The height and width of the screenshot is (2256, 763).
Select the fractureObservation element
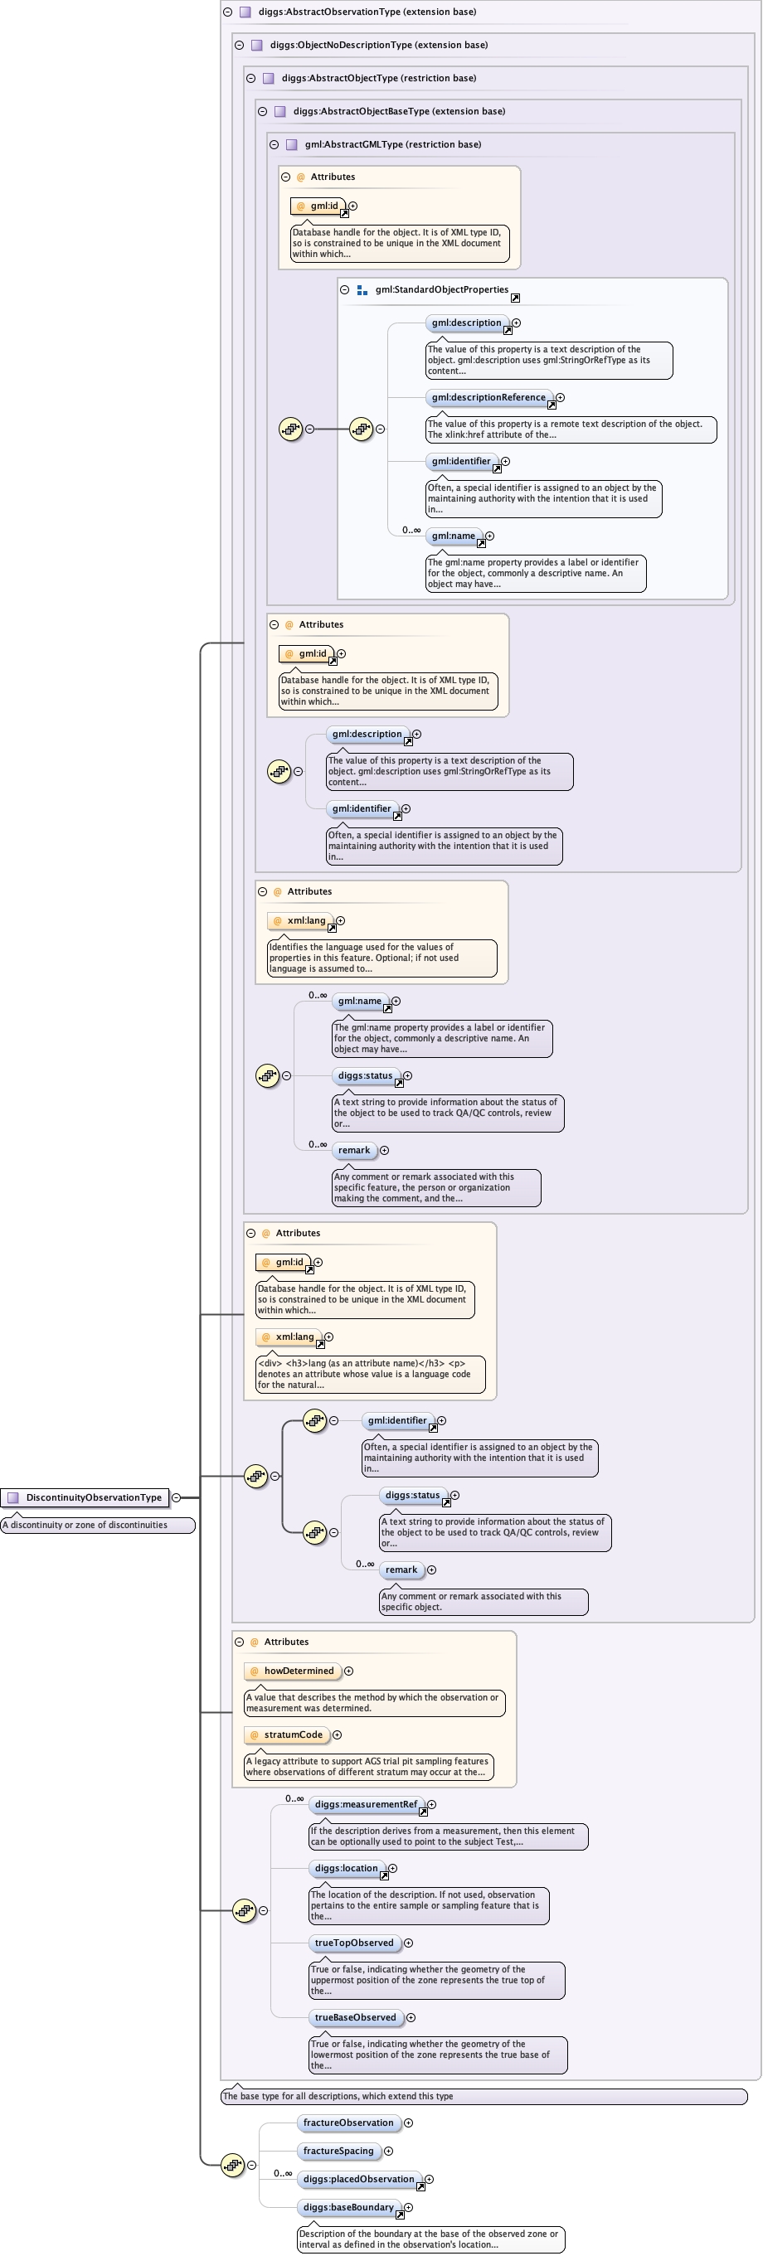[x=347, y=2123]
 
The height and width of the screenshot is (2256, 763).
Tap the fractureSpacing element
[x=338, y=2151]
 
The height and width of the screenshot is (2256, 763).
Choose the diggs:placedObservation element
[x=358, y=2179]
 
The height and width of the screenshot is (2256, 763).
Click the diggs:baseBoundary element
[x=347, y=2207]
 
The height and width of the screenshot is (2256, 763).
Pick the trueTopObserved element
[x=354, y=1943]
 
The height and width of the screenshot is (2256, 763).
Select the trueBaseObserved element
[x=355, y=2017]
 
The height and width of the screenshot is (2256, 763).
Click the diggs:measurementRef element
[x=365, y=1804]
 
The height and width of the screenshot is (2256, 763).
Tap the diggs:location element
[x=346, y=1868]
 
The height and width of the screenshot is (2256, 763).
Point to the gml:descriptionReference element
[x=488, y=398]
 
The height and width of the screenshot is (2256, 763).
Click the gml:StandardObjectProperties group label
[x=441, y=290]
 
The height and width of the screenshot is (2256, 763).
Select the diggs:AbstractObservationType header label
[x=367, y=12]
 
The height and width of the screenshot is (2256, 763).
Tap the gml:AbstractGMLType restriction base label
[x=392, y=144]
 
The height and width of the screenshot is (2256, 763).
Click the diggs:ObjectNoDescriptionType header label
[x=378, y=45]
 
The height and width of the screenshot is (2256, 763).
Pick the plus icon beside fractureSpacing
[x=388, y=2151]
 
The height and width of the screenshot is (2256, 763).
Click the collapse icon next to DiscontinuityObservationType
[x=176, y=1497]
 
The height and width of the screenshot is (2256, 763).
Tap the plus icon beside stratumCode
[x=338, y=1735]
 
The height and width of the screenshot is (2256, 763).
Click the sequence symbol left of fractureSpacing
[x=232, y=2165]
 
